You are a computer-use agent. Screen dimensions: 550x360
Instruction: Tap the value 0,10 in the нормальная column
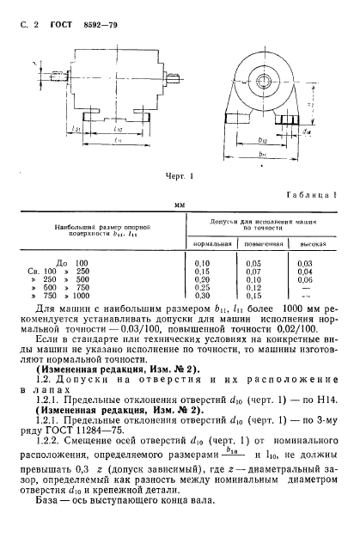tap(204, 262)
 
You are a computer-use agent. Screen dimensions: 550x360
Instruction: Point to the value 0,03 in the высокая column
tap(304, 262)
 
